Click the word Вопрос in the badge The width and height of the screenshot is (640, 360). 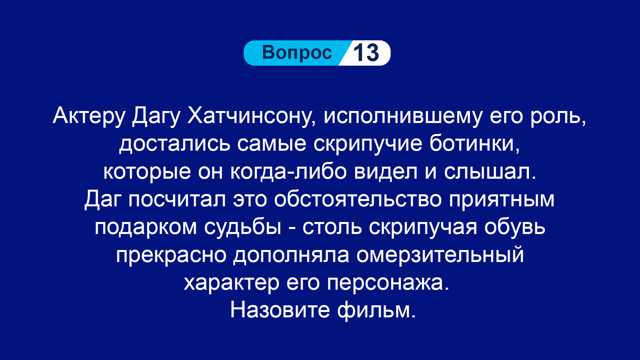click(x=297, y=53)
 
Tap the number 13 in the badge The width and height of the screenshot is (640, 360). click(x=366, y=53)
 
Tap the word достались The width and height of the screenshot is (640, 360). click(x=175, y=144)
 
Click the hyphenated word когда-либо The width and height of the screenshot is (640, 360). click(x=289, y=171)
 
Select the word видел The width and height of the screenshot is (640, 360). click(x=386, y=171)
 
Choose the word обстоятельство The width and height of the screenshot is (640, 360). click(x=358, y=199)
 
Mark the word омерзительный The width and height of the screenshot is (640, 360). click(x=440, y=255)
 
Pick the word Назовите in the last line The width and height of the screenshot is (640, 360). click(x=280, y=310)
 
